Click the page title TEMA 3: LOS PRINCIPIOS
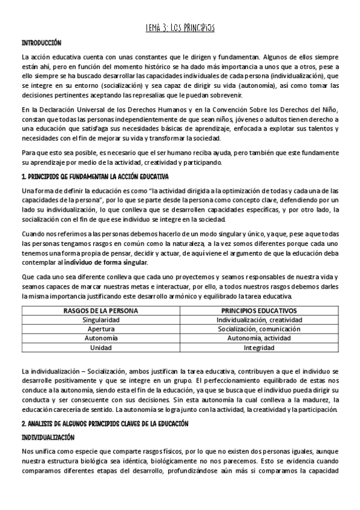[180, 28]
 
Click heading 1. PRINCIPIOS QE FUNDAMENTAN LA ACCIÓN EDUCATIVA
[95, 176]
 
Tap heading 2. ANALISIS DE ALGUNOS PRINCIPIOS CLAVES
[105, 407]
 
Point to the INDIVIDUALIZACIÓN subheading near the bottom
[48, 421]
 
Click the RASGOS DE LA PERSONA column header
[100, 310]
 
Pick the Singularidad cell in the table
[100, 320]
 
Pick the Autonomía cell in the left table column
[100, 339]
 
